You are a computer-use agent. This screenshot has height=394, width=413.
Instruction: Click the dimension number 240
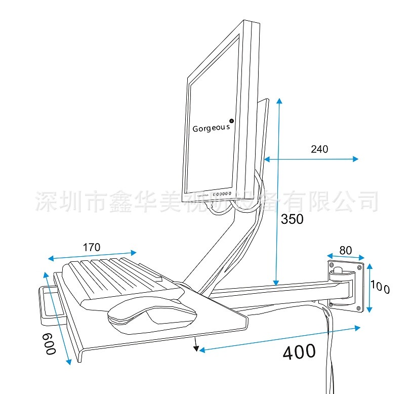click(319, 149)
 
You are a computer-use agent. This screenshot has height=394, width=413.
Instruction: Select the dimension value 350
click(293, 219)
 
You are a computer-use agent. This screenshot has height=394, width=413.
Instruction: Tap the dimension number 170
click(92, 248)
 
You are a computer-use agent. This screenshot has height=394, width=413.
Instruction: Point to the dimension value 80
click(346, 250)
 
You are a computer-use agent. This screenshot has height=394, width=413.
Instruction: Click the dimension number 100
click(380, 287)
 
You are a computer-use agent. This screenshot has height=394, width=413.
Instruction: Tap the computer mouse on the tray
click(152, 314)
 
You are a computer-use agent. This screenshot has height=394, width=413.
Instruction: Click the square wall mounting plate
click(347, 285)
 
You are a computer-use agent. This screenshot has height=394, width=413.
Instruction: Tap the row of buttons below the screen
click(222, 194)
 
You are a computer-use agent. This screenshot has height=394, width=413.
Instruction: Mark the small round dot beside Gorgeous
click(232, 121)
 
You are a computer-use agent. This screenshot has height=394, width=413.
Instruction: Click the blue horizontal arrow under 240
click(311, 159)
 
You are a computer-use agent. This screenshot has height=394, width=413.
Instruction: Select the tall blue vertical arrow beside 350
click(278, 192)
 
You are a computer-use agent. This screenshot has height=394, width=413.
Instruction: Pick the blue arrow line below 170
click(92, 255)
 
